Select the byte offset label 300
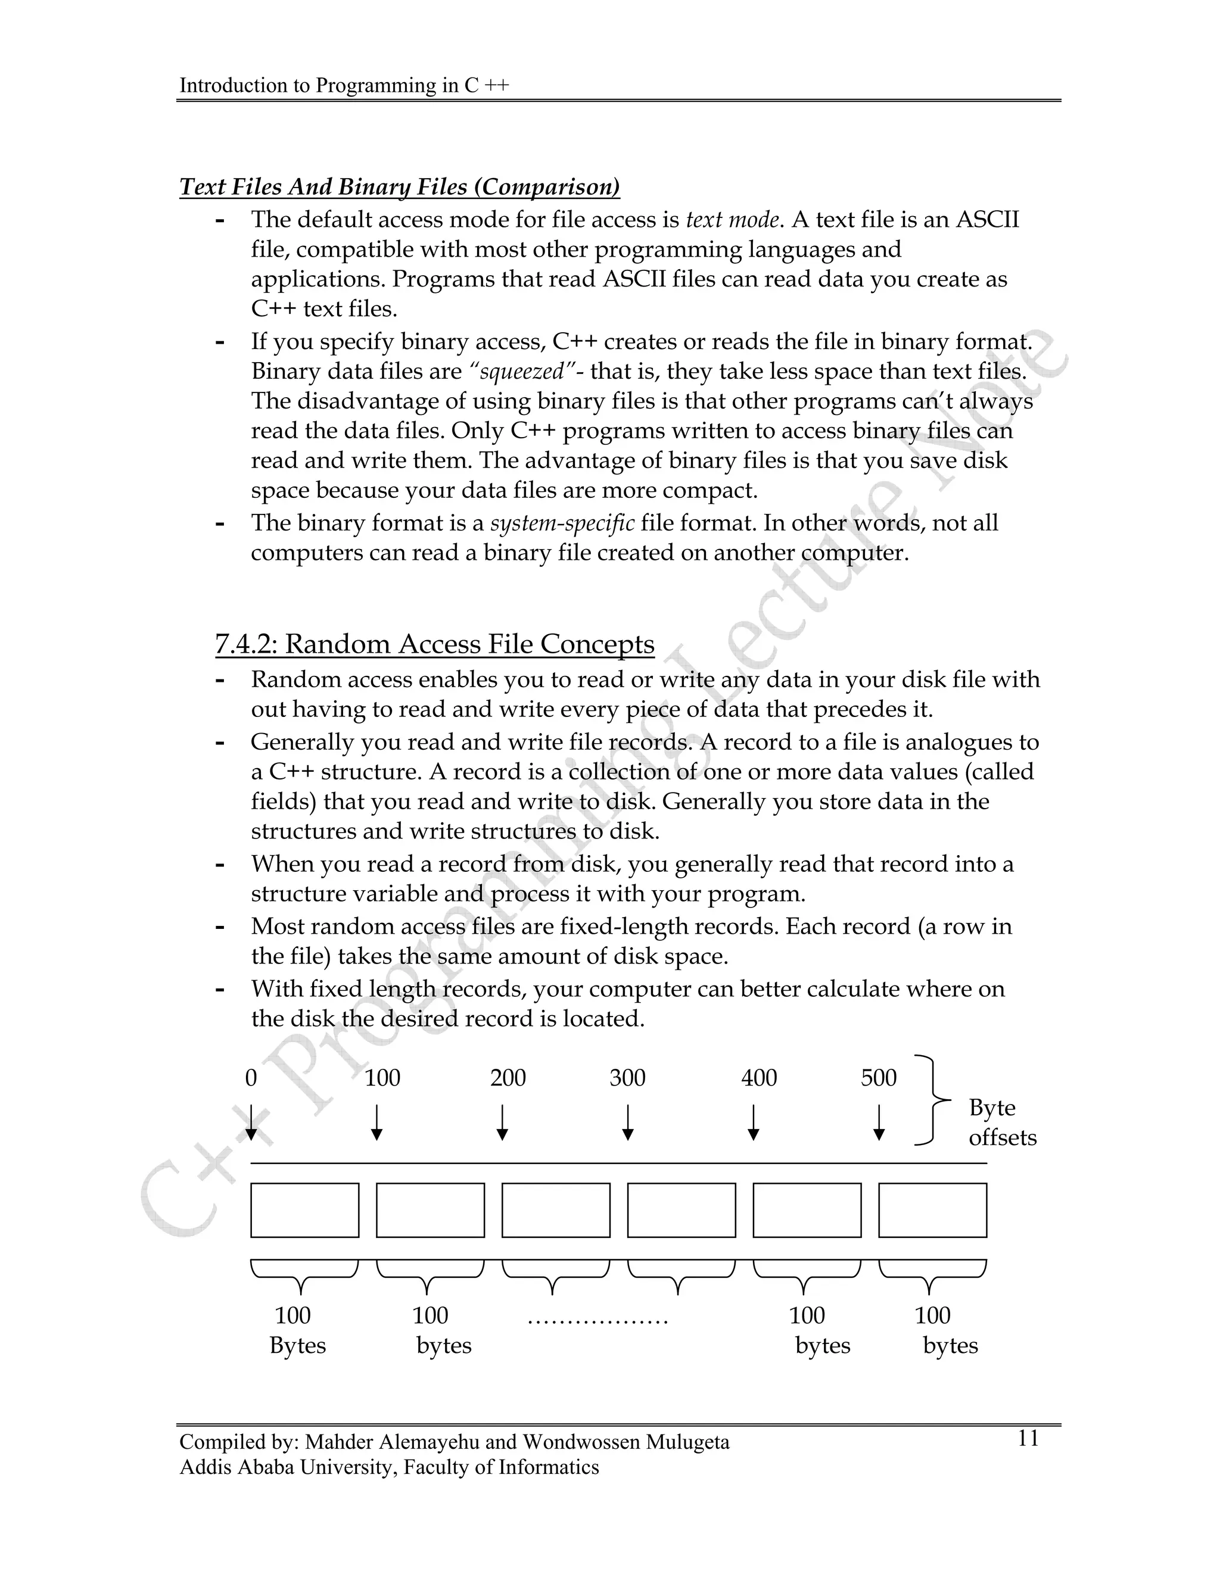tap(627, 1078)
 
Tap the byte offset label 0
tap(251, 1078)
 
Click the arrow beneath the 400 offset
tap(753, 1121)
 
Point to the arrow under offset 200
tap(502, 1121)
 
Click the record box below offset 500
tap(932, 1209)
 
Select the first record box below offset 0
tap(304, 1209)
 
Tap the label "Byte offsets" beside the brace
tap(1002, 1122)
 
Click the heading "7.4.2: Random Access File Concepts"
tap(434, 644)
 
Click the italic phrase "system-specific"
tap(562, 522)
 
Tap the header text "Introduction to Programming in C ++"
tap(344, 85)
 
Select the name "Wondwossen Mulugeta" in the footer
tap(626, 1442)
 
